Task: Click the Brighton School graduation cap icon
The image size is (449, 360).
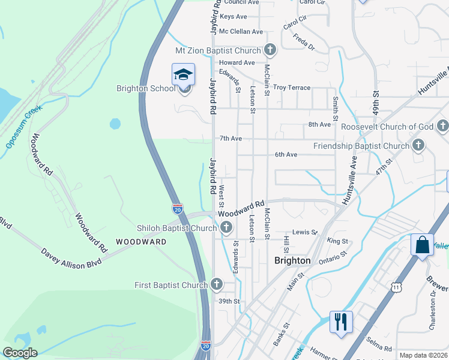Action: point(183,74)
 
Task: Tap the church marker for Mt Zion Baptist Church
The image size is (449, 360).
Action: point(270,50)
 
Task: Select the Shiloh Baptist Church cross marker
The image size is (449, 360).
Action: point(226,227)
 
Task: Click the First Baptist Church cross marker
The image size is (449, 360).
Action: point(216,284)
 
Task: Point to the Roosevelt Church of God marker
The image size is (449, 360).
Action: point(442,126)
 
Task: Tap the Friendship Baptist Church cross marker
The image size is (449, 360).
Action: point(418,145)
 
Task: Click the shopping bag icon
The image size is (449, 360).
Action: point(422,245)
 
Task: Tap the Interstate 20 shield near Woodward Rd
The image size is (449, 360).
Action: point(178,209)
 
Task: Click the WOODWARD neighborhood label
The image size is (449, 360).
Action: point(141,242)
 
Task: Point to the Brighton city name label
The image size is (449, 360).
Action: point(292,260)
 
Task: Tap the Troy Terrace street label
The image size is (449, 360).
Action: point(292,88)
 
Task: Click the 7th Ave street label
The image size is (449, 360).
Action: point(231,139)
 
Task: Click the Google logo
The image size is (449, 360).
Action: point(20,353)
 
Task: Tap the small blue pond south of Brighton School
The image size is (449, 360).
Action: point(115,124)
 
